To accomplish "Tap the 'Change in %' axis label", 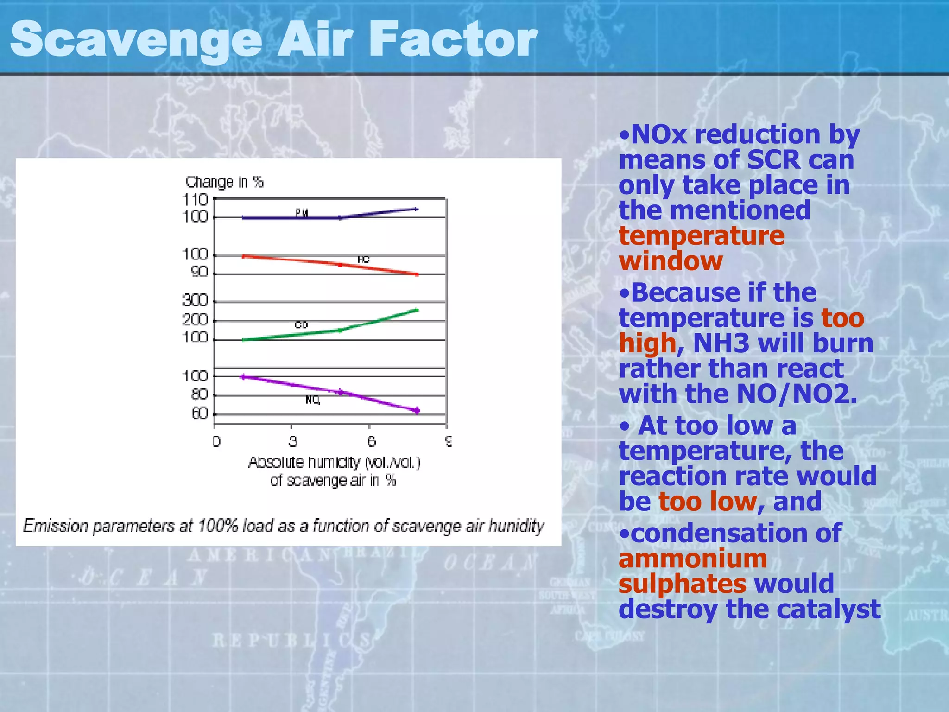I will [x=224, y=182].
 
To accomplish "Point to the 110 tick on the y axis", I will [x=196, y=200].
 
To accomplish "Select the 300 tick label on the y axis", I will [x=195, y=301].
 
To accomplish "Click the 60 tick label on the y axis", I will [x=200, y=413].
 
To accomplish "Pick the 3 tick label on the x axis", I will [x=292, y=441].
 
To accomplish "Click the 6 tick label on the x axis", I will [x=371, y=441].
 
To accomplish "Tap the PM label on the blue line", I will [x=302, y=213].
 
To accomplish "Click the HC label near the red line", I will [x=363, y=260].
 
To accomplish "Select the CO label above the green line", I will [x=301, y=325].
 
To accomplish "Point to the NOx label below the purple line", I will [x=313, y=400].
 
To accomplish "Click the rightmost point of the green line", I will [x=417, y=310].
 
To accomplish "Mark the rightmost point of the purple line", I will [x=417, y=410].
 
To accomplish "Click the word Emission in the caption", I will [x=56, y=526].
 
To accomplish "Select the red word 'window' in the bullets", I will [x=671, y=261].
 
